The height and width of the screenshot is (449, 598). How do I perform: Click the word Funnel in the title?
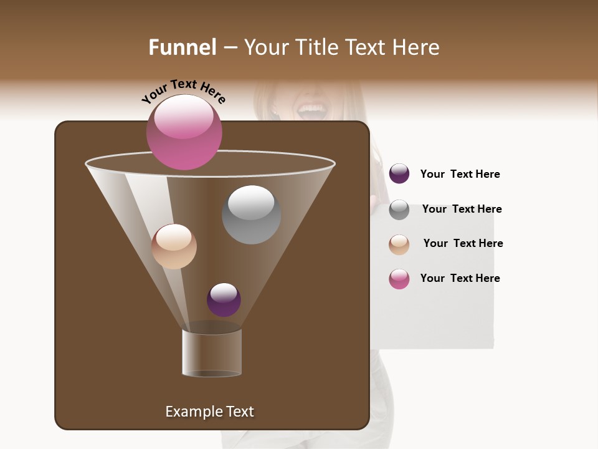[182, 47]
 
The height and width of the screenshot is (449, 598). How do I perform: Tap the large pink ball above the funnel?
[184, 132]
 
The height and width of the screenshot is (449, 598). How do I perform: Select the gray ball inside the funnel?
[251, 215]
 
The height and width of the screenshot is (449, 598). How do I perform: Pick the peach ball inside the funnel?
[174, 246]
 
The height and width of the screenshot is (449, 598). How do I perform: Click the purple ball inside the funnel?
[224, 299]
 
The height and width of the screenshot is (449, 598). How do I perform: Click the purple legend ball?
[399, 174]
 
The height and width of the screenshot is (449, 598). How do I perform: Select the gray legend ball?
[399, 210]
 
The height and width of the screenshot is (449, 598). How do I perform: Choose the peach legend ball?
[399, 244]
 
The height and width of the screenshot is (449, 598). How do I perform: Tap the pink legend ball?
[399, 279]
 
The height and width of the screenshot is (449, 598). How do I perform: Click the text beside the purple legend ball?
[460, 174]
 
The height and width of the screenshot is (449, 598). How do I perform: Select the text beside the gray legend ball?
[462, 209]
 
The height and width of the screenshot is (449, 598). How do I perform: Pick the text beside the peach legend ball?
[463, 243]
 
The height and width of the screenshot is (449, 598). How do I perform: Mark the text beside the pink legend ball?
[460, 278]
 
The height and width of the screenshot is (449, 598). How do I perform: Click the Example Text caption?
[209, 412]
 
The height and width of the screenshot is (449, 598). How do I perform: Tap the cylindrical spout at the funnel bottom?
[212, 352]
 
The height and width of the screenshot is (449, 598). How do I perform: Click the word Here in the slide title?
[417, 47]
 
